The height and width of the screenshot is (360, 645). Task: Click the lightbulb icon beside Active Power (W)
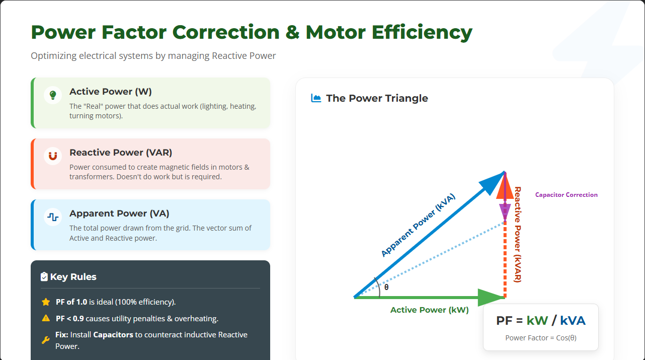pos(53,95)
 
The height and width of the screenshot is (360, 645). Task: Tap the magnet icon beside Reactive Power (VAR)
pos(53,156)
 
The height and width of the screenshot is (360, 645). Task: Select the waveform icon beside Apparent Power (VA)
pos(53,217)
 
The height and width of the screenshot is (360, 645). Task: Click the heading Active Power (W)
pos(111,92)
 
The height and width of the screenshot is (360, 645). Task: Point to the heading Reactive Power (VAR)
pos(121,153)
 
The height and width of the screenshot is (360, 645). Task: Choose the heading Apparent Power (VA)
pos(119,213)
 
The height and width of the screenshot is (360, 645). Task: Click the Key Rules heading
pos(73,277)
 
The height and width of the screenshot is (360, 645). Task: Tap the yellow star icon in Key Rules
pos(46,302)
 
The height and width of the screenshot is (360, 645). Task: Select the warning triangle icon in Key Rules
pos(46,318)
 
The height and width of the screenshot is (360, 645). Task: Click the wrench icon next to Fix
pos(45,340)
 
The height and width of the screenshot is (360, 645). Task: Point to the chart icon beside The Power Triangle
pos(316,98)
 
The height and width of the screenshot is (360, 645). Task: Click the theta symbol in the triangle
pos(386,287)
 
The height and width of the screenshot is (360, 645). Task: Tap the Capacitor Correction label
pos(567,195)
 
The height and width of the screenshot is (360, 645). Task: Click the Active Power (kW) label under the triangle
pos(430,310)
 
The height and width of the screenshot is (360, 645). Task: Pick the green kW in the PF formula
pos(537,321)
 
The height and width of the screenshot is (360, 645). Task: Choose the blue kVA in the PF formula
pos(573,321)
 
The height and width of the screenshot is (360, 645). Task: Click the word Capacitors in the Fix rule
pos(113,335)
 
